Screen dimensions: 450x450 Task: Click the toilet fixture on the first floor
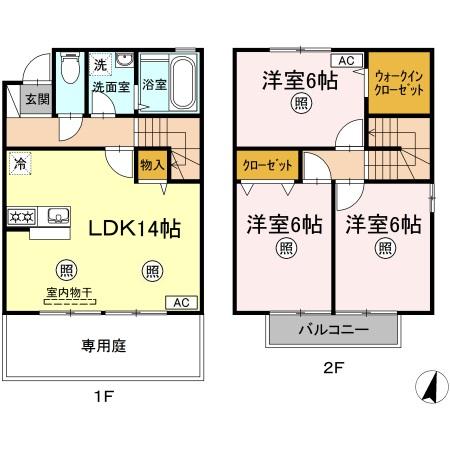(70, 68)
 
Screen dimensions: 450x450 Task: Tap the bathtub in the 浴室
(182, 83)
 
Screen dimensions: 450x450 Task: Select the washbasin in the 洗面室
(124, 60)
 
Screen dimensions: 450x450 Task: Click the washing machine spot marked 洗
(100, 65)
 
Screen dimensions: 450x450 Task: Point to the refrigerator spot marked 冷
(20, 164)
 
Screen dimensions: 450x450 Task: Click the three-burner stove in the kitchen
(22, 217)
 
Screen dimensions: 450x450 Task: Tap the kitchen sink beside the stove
(59, 216)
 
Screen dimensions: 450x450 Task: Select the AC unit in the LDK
(182, 303)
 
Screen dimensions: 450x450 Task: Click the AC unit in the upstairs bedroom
(346, 61)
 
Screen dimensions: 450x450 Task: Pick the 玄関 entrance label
(37, 99)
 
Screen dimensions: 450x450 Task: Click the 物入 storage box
(152, 165)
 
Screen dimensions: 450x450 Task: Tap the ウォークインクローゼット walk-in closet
(399, 83)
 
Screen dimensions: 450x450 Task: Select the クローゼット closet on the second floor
(267, 165)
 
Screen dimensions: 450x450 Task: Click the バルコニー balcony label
(334, 330)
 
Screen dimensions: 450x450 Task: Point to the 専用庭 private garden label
(104, 346)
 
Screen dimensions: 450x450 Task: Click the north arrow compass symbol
(432, 386)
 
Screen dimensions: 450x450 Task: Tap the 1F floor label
(104, 397)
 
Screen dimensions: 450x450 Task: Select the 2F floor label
(333, 368)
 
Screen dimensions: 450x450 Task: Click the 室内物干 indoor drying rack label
(69, 293)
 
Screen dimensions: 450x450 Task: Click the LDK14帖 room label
(135, 229)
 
